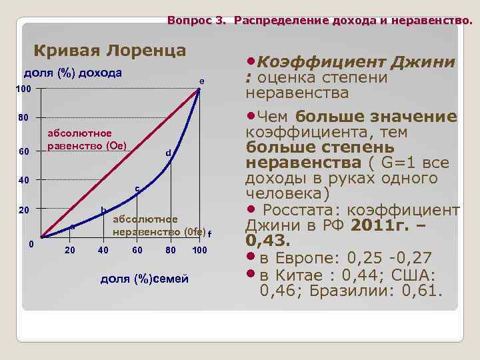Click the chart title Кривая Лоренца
pos(110,51)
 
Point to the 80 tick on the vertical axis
pos(23,119)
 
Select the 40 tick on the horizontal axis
pos(103,250)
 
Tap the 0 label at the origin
pos(31,243)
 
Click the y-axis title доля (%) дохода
pos(73,73)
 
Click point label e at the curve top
pos(201,81)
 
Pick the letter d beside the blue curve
pos(169,153)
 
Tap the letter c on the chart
pos(137,189)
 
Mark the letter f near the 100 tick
pos(209,234)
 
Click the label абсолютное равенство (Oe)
pos(88,139)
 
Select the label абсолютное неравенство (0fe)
pos(159,226)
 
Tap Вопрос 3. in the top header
pos(197,21)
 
